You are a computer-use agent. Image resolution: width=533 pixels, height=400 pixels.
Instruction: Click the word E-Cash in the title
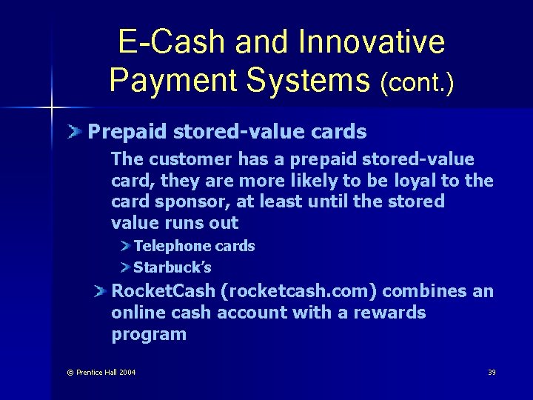coord(172,42)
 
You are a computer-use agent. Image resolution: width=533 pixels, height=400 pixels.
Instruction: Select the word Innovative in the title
coord(373,42)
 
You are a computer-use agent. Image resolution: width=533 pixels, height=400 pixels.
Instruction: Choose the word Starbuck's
coord(172,267)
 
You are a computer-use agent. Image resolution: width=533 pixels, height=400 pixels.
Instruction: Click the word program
coord(149,334)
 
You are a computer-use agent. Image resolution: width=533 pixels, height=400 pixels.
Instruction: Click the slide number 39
coord(492,372)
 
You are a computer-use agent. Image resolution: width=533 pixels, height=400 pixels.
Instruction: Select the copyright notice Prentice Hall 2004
coord(101,372)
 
